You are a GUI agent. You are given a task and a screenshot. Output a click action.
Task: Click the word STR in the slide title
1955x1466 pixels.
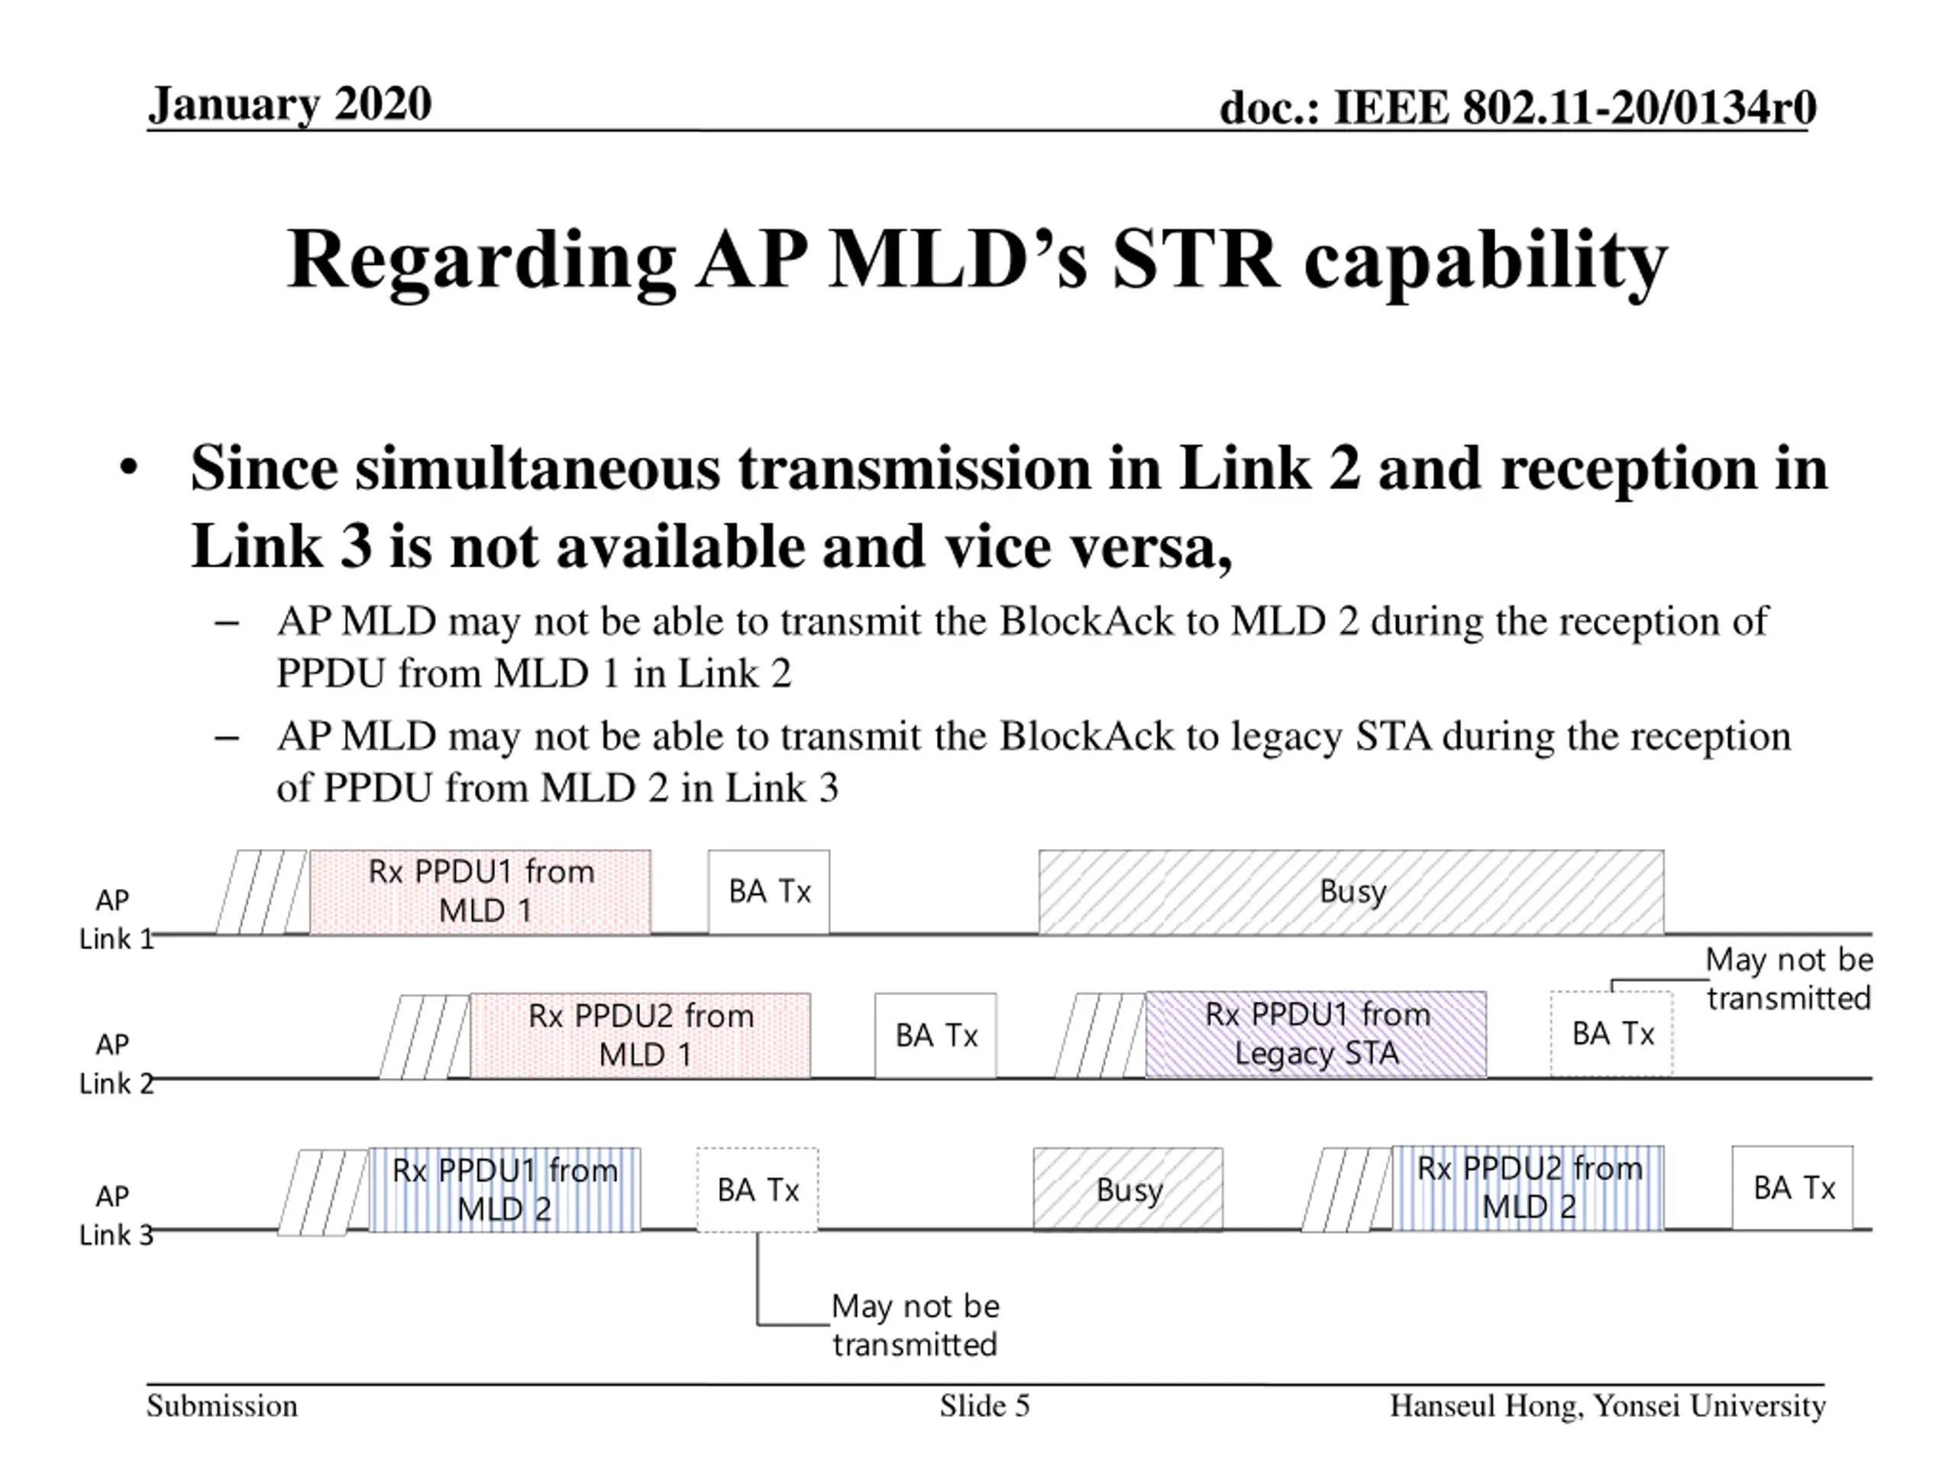pyautogui.click(x=1195, y=260)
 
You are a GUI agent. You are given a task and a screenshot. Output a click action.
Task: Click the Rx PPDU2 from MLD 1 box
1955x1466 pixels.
pyautogui.click(x=640, y=1035)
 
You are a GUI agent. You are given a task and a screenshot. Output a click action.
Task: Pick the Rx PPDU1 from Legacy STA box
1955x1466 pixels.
pyautogui.click(x=1315, y=1034)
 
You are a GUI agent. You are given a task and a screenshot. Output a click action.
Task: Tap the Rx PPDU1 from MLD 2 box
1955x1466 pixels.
pyautogui.click(x=504, y=1190)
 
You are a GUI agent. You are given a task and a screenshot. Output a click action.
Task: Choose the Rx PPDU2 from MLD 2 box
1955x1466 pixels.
pyautogui.click(x=1527, y=1187)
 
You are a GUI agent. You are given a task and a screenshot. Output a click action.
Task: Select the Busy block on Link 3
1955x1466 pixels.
pyautogui.click(x=1128, y=1190)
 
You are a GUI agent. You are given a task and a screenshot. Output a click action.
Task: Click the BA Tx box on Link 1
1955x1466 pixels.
pyautogui.click(x=769, y=892)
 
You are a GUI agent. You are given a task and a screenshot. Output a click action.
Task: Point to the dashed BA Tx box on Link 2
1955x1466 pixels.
pyautogui.click(x=1611, y=1034)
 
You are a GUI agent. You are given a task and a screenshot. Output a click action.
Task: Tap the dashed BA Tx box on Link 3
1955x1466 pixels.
pyautogui.click(x=758, y=1190)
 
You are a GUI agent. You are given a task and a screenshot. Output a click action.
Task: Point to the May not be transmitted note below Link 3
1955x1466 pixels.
pyautogui.click(x=915, y=1325)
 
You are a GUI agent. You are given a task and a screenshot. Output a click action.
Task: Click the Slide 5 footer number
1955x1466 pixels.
pyautogui.click(x=984, y=1406)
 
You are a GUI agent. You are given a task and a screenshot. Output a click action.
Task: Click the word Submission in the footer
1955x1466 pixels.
pyautogui.click(x=221, y=1406)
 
